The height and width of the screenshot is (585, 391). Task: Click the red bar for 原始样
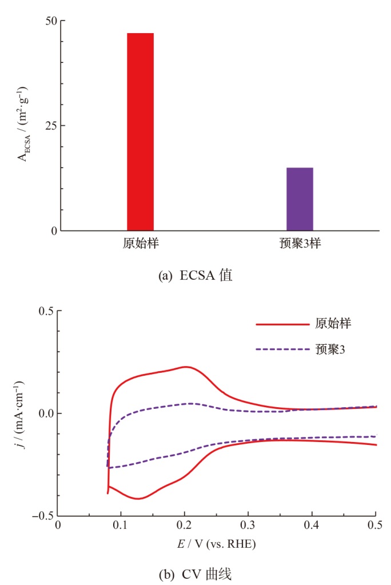(140, 132)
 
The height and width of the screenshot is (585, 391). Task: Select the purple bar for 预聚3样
(300, 199)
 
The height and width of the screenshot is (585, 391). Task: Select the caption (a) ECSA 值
(194, 275)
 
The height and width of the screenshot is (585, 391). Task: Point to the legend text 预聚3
(330, 348)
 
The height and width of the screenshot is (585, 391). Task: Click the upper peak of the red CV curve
(185, 367)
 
